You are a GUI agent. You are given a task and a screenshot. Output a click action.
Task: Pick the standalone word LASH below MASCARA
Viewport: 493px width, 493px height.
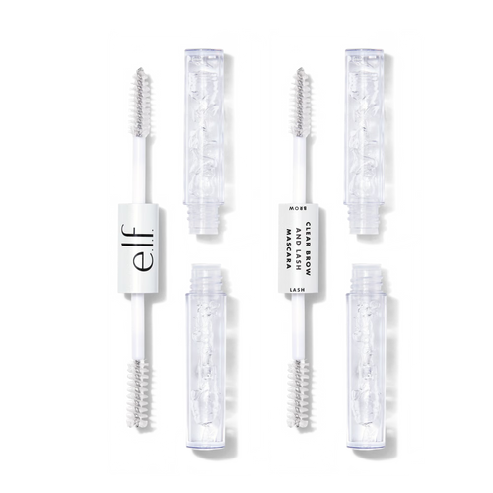click(x=296, y=289)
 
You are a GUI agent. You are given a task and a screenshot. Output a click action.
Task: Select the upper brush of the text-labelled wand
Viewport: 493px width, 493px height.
click(x=302, y=102)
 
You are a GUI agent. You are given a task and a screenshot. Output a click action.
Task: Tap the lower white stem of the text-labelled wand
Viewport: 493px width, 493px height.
click(x=299, y=326)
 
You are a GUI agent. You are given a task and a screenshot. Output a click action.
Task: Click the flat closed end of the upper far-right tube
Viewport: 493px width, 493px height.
click(x=365, y=51)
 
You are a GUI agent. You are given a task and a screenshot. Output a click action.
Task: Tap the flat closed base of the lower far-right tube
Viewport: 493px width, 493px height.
click(x=367, y=453)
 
